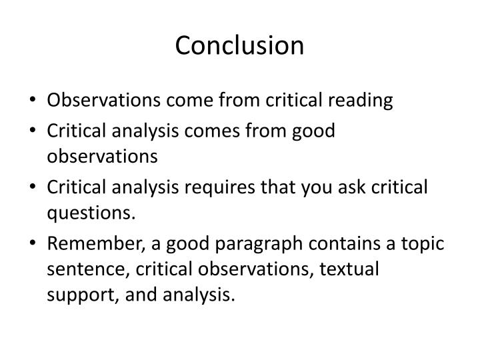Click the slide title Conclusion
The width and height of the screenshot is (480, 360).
tap(240, 45)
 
